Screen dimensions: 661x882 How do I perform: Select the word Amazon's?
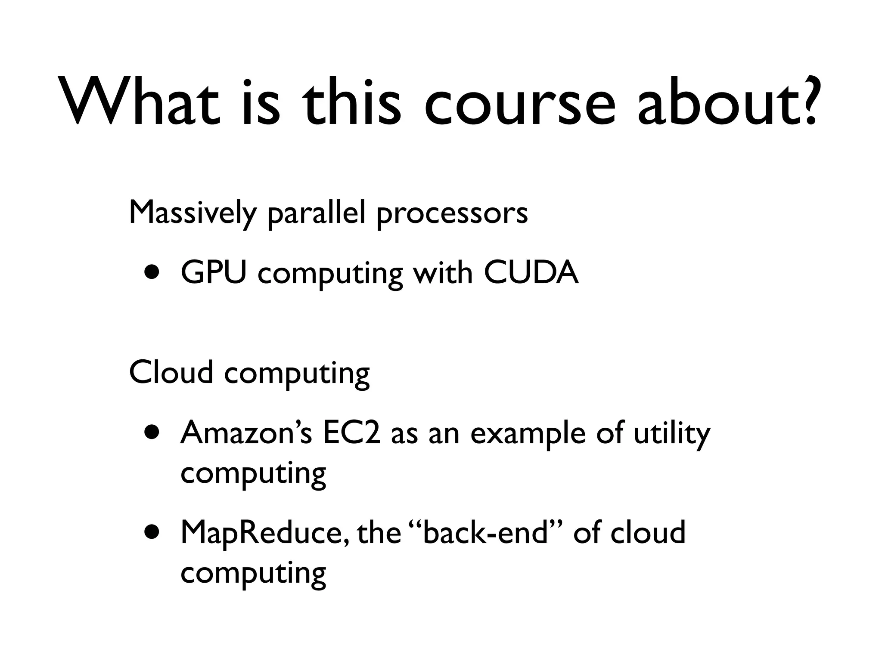pos(246,432)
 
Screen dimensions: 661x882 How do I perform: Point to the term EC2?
pos(351,432)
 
